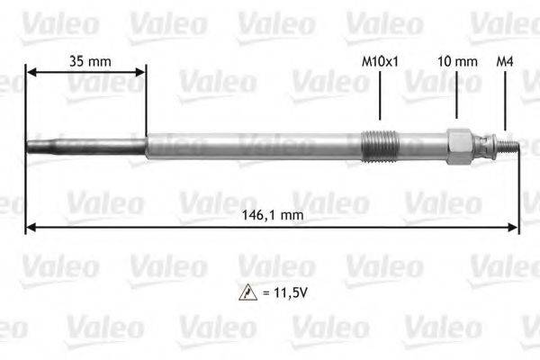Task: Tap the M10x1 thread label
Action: click(x=379, y=61)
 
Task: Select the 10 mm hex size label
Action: click(x=456, y=61)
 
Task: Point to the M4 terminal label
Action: click(x=505, y=61)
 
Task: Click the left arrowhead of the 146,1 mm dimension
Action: click(x=30, y=228)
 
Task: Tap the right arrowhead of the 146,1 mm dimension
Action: click(x=516, y=228)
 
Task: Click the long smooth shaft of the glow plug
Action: click(x=252, y=146)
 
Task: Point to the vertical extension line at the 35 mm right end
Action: click(x=145, y=103)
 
